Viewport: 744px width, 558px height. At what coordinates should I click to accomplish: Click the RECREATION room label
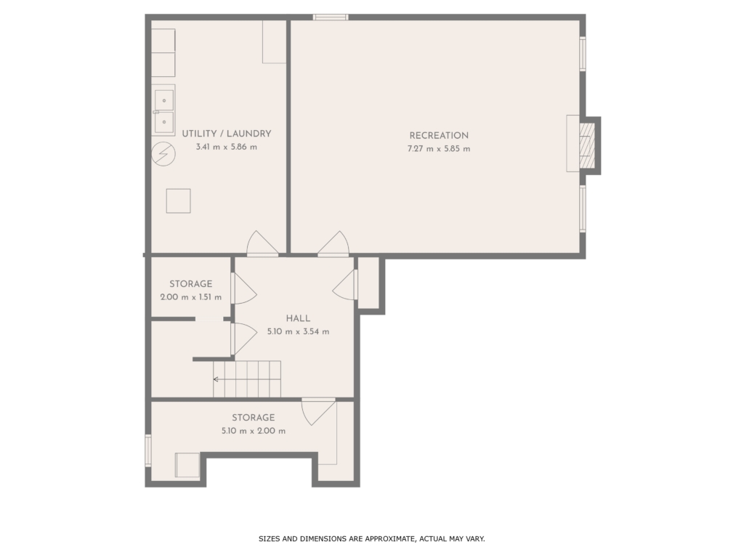coord(439,135)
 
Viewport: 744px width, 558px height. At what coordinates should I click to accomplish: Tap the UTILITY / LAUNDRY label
coord(227,134)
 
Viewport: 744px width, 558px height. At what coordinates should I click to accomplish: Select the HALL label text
coord(298,318)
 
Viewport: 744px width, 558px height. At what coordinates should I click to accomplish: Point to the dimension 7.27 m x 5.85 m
coord(439,148)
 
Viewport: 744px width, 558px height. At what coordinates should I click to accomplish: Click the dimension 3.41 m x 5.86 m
coord(227,147)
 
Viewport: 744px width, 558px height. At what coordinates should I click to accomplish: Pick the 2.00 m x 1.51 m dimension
coord(191,297)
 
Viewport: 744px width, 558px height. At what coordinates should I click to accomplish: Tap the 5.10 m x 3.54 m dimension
coord(298,331)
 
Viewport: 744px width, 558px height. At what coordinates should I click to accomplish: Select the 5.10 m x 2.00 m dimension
coord(254,431)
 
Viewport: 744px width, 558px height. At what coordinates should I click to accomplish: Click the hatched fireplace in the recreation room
coord(587,145)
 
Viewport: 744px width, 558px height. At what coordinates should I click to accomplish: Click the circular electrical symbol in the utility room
coord(163,154)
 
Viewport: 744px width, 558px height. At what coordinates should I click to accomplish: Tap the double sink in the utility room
coord(163,110)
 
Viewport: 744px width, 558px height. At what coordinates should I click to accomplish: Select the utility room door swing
coord(262,244)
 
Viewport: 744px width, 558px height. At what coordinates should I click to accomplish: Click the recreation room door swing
coord(333,244)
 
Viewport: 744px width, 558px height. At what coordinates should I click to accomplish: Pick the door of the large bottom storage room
coord(318,412)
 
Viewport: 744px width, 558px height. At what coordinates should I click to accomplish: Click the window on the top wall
coord(331,17)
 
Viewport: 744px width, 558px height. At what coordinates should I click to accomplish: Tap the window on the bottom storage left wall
coord(148,450)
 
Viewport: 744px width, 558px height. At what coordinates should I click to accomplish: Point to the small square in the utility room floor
coord(179,201)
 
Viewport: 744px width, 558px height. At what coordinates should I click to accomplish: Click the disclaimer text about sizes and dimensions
coord(371,538)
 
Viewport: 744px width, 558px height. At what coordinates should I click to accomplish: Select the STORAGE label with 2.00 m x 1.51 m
coord(191,284)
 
